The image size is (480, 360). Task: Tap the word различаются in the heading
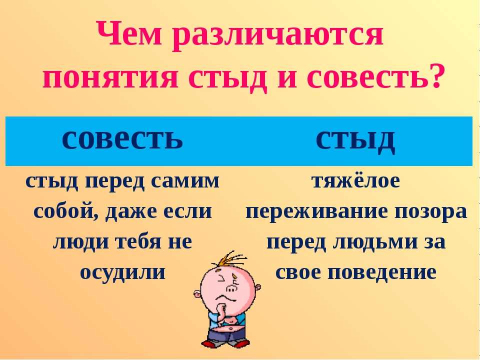click(278, 36)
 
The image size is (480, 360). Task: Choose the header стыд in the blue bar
click(355, 140)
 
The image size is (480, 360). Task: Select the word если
click(188, 211)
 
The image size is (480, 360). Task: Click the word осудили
click(123, 272)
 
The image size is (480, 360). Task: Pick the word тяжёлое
click(355, 181)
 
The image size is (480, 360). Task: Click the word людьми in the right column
click(375, 242)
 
